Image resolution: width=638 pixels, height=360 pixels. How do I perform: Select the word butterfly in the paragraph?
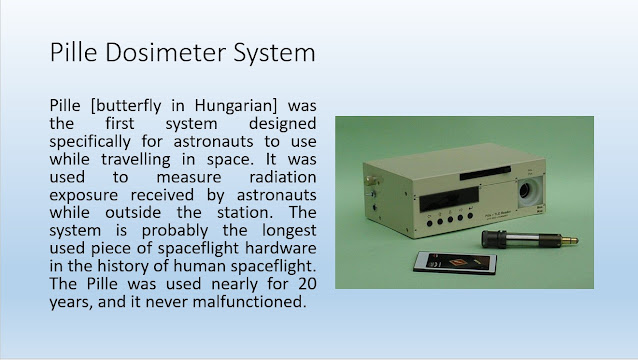click(x=127, y=106)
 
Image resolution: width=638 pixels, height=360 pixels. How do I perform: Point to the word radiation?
click(x=283, y=177)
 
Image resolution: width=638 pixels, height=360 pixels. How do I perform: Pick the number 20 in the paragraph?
click(x=307, y=284)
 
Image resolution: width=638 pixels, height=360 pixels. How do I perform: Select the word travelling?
click(x=136, y=159)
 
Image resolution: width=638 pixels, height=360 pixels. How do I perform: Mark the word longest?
click(x=289, y=231)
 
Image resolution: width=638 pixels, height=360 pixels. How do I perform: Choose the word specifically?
click(x=90, y=142)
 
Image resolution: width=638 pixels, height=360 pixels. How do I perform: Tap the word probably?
click(x=175, y=231)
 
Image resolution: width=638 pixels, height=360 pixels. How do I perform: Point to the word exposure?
click(x=83, y=195)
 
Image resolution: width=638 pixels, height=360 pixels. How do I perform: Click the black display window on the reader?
click(x=449, y=199)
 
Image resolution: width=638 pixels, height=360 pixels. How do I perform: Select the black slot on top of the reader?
click(x=485, y=172)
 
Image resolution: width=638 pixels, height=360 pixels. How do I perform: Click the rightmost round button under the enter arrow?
click(x=470, y=216)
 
